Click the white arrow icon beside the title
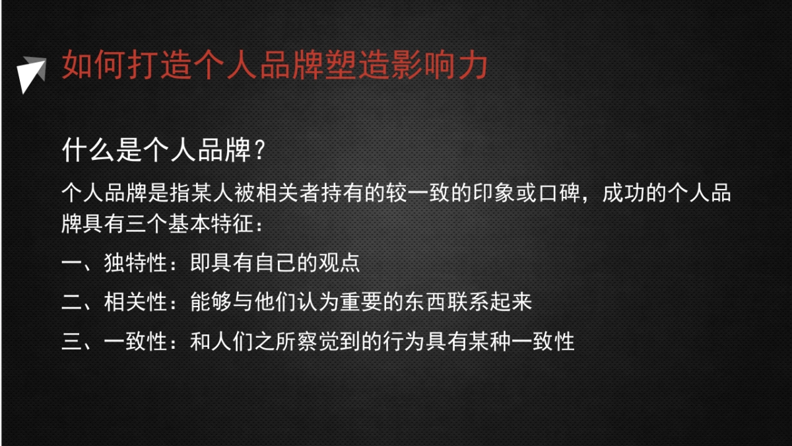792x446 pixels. click(29, 72)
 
